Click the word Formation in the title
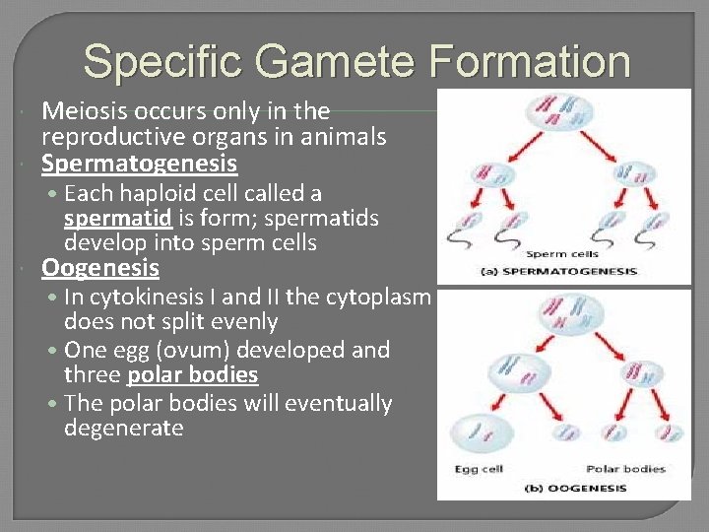click(528, 61)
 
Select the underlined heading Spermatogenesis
click(139, 163)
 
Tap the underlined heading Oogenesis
click(99, 268)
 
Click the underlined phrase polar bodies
click(192, 375)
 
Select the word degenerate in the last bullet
click(123, 428)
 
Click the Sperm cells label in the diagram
click(569, 253)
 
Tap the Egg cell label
click(480, 469)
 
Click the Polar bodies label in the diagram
click(625, 469)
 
